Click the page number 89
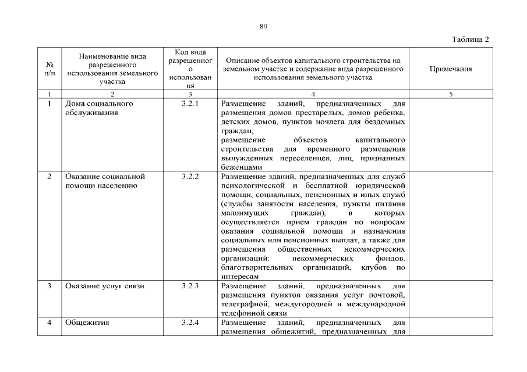[x=263, y=26]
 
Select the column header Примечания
[x=450, y=69]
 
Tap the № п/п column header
[x=49, y=69]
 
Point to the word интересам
[x=240, y=276]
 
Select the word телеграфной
[x=243, y=303]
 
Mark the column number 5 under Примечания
[x=450, y=94]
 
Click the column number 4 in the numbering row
[x=313, y=94]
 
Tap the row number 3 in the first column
[x=50, y=286]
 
